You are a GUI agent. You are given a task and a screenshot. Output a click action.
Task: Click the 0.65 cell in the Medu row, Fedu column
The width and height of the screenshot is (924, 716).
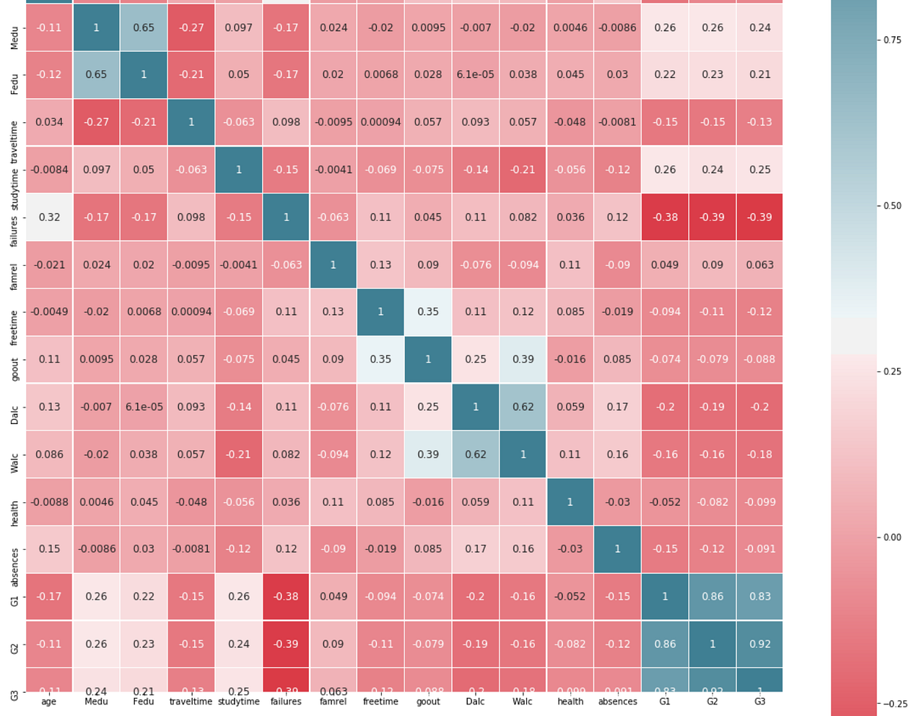[x=144, y=27]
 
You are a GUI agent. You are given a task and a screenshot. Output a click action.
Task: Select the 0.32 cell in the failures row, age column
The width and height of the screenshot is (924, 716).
[x=49, y=217]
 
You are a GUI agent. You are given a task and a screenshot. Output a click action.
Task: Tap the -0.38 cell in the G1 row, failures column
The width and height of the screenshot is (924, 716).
[x=286, y=597]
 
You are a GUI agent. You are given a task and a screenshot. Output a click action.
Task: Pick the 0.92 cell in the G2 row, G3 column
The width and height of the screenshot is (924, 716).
[x=759, y=644]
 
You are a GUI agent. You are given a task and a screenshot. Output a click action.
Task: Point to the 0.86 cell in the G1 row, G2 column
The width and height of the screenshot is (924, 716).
[x=712, y=597]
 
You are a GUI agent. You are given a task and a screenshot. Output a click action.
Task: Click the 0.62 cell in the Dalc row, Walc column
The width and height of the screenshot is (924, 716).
[x=523, y=407]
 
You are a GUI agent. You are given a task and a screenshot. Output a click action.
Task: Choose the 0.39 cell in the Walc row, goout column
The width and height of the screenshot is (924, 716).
[x=428, y=454]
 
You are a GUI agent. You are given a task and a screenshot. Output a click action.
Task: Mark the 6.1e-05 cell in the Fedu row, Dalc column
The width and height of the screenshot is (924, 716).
[x=476, y=74]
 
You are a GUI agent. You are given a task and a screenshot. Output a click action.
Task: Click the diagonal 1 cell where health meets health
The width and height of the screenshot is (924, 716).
[x=570, y=501]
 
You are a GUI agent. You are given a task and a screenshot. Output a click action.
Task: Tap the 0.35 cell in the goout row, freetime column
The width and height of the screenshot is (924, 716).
[x=380, y=359]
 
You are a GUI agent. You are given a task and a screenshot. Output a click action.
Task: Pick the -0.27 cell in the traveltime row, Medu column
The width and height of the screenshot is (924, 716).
[x=96, y=122]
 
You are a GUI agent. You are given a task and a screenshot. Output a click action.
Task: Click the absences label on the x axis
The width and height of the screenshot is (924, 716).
[x=617, y=702]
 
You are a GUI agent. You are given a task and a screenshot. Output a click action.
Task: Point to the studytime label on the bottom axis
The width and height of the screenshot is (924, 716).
[x=238, y=702]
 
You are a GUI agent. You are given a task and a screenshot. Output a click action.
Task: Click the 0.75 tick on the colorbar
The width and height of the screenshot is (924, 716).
[x=892, y=40]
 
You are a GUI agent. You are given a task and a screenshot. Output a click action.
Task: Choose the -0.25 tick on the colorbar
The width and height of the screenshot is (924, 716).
[x=894, y=704]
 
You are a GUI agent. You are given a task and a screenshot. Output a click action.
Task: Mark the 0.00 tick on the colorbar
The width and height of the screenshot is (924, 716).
[x=892, y=538]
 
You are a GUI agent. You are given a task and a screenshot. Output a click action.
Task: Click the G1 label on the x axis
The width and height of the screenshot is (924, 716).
[x=665, y=702]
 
